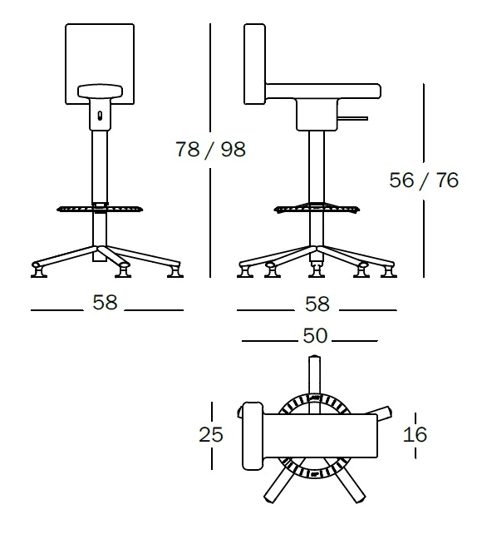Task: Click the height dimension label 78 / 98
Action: coord(210,151)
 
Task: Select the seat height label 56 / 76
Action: coord(424,180)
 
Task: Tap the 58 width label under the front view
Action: coord(106,303)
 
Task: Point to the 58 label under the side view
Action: coord(317,304)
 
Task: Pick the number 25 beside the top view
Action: coord(212,434)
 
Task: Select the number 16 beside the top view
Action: coord(415,434)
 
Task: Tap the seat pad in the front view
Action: coord(100,91)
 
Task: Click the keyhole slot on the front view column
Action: coord(100,116)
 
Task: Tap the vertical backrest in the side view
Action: coord(254,64)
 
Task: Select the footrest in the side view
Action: coord(317,207)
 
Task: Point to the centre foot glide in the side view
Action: coord(317,269)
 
